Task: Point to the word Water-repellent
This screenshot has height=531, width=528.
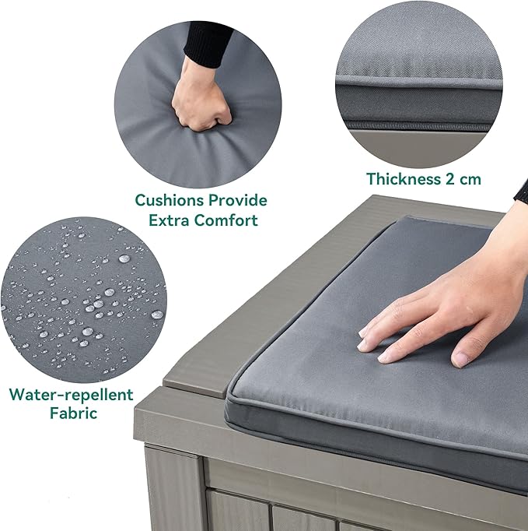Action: click(71, 395)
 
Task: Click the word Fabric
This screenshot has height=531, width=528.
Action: click(73, 413)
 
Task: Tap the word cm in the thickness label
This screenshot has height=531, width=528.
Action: click(470, 179)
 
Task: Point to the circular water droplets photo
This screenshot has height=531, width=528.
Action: click(82, 301)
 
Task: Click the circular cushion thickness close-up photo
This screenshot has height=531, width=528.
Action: click(418, 84)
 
